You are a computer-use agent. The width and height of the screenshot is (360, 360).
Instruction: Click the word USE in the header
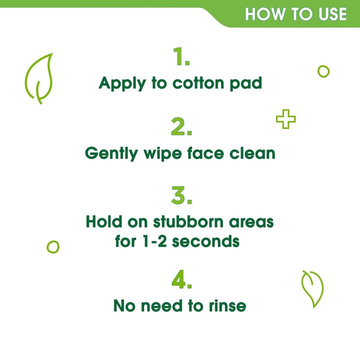pyautogui.click(x=332, y=14)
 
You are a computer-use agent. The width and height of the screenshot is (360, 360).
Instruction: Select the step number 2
pyautogui.click(x=181, y=126)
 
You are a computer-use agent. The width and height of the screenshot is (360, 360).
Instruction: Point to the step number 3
pyautogui.click(x=181, y=195)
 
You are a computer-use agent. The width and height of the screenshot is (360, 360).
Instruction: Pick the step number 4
pyautogui.click(x=181, y=279)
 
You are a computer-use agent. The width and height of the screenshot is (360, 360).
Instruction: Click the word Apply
pyautogui.click(x=122, y=83)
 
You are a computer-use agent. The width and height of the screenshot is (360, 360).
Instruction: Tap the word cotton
pyautogui.click(x=198, y=83)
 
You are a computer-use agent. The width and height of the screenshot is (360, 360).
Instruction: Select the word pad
pyautogui.click(x=246, y=83)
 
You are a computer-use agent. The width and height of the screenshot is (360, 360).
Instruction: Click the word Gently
pyautogui.click(x=111, y=153)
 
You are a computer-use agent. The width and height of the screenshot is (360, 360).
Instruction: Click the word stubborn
pyautogui.click(x=188, y=221)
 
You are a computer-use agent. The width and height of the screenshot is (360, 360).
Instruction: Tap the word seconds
pyautogui.click(x=206, y=241)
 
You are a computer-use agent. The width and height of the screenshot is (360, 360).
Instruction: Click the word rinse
pyautogui.click(x=227, y=306)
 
